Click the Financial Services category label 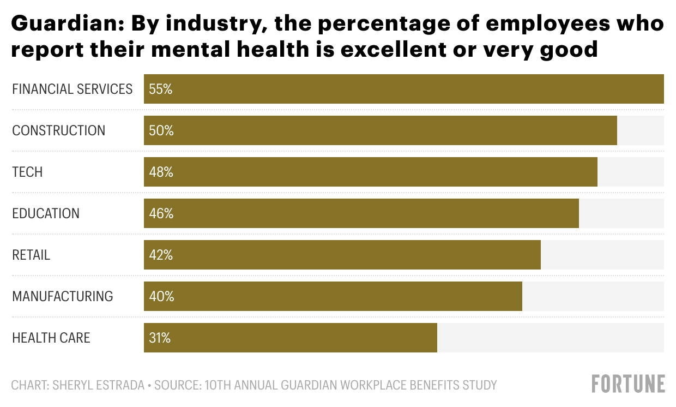pyautogui.click(x=72, y=89)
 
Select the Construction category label pyautogui.click(x=58, y=130)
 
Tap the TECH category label pyautogui.click(x=27, y=172)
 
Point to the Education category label pyautogui.click(x=46, y=213)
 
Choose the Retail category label pyautogui.click(x=31, y=255)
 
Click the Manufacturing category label pyautogui.click(x=63, y=296)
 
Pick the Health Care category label pyautogui.click(x=51, y=338)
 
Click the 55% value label pyautogui.click(x=160, y=89)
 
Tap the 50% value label pyautogui.click(x=161, y=130)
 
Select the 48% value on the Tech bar pyautogui.click(x=161, y=172)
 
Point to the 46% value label pyautogui.click(x=161, y=213)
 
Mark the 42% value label pyautogui.click(x=160, y=255)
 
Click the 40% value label pyautogui.click(x=161, y=296)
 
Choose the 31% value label pyautogui.click(x=159, y=338)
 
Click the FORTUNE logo pyautogui.click(x=628, y=384)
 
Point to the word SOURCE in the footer pyautogui.click(x=174, y=385)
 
